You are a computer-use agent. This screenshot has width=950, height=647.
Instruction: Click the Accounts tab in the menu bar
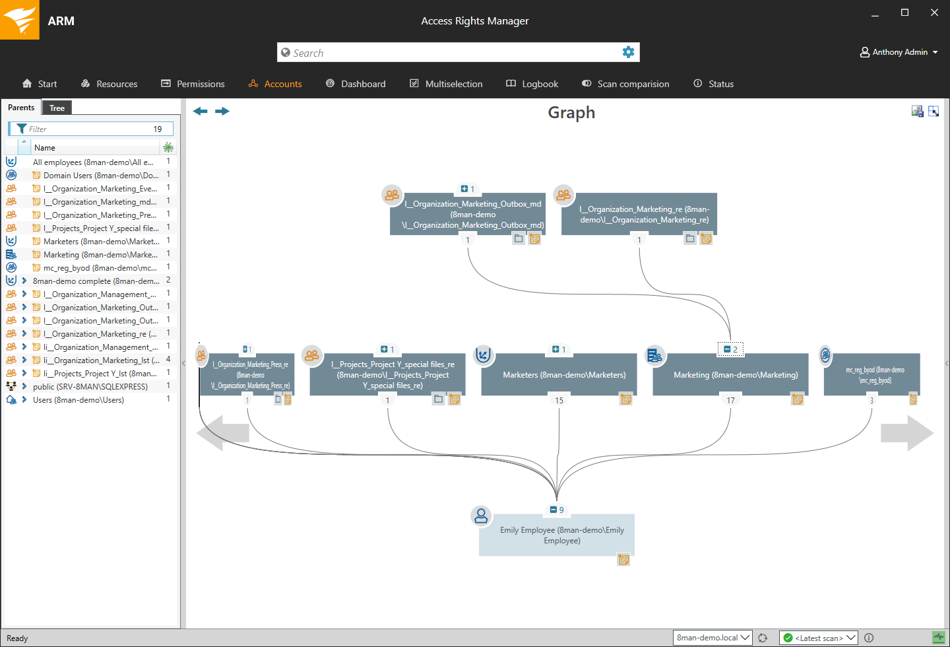(276, 84)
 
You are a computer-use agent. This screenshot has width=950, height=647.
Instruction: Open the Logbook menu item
(532, 84)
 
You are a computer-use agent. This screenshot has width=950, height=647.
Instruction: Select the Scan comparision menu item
(625, 84)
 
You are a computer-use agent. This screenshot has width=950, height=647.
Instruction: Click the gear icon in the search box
(628, 52)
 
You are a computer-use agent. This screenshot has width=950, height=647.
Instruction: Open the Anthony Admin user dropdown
(899, 52)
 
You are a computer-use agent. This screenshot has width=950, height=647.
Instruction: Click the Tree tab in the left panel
(57, 108)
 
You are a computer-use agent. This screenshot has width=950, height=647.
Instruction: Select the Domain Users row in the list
(99, 176)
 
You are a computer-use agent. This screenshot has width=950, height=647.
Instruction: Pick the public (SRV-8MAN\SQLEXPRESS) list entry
(90, 387)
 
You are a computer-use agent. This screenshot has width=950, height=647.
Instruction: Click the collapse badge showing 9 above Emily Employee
(557, 510)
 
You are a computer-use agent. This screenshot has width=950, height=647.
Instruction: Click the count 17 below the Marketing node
(731, 400)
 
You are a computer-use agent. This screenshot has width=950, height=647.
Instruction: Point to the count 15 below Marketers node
(559, 400)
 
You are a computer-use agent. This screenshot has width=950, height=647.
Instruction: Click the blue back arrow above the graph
(200, 111)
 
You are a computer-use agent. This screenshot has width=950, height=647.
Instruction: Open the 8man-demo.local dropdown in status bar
(712, 638)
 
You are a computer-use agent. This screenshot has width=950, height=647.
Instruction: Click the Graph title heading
(571, 113)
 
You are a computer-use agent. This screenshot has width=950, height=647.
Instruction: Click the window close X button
(934, 13)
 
